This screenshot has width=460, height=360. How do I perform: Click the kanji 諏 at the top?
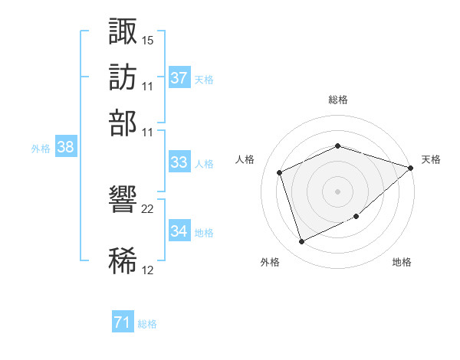tap(123, 31)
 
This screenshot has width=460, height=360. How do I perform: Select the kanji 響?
tap(123, 199)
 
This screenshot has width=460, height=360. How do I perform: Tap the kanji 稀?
tap(123, 260)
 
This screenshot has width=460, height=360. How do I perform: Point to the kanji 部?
tap(123, 123)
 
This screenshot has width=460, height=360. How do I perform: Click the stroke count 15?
tap(147, 41)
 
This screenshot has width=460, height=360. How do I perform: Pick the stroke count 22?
tap(147, 209)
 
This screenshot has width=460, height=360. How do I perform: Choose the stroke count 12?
tap(147, 270)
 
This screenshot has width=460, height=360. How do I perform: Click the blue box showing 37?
tap(179, 77)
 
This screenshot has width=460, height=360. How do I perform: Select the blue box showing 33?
tap(179, 162)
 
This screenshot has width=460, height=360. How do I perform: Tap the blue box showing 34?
tap(179, 230)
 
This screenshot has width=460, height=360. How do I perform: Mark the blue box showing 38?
tap(66, 146)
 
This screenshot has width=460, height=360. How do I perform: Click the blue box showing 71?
tap(123, 321)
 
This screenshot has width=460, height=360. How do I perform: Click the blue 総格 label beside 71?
tap(147, 324)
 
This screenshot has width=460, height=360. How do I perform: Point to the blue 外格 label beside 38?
tap(41, 149)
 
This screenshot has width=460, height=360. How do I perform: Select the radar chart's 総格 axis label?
tap(338, 100)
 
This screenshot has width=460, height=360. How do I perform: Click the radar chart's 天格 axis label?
tap(431, 159)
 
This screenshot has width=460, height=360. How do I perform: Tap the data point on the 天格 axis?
tap(411, 168)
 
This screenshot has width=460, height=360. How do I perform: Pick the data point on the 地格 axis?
tap(356, 216)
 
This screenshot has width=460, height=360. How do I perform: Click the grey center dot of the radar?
tap(337, 191)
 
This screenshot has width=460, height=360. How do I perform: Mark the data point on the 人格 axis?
tap(280, 172)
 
